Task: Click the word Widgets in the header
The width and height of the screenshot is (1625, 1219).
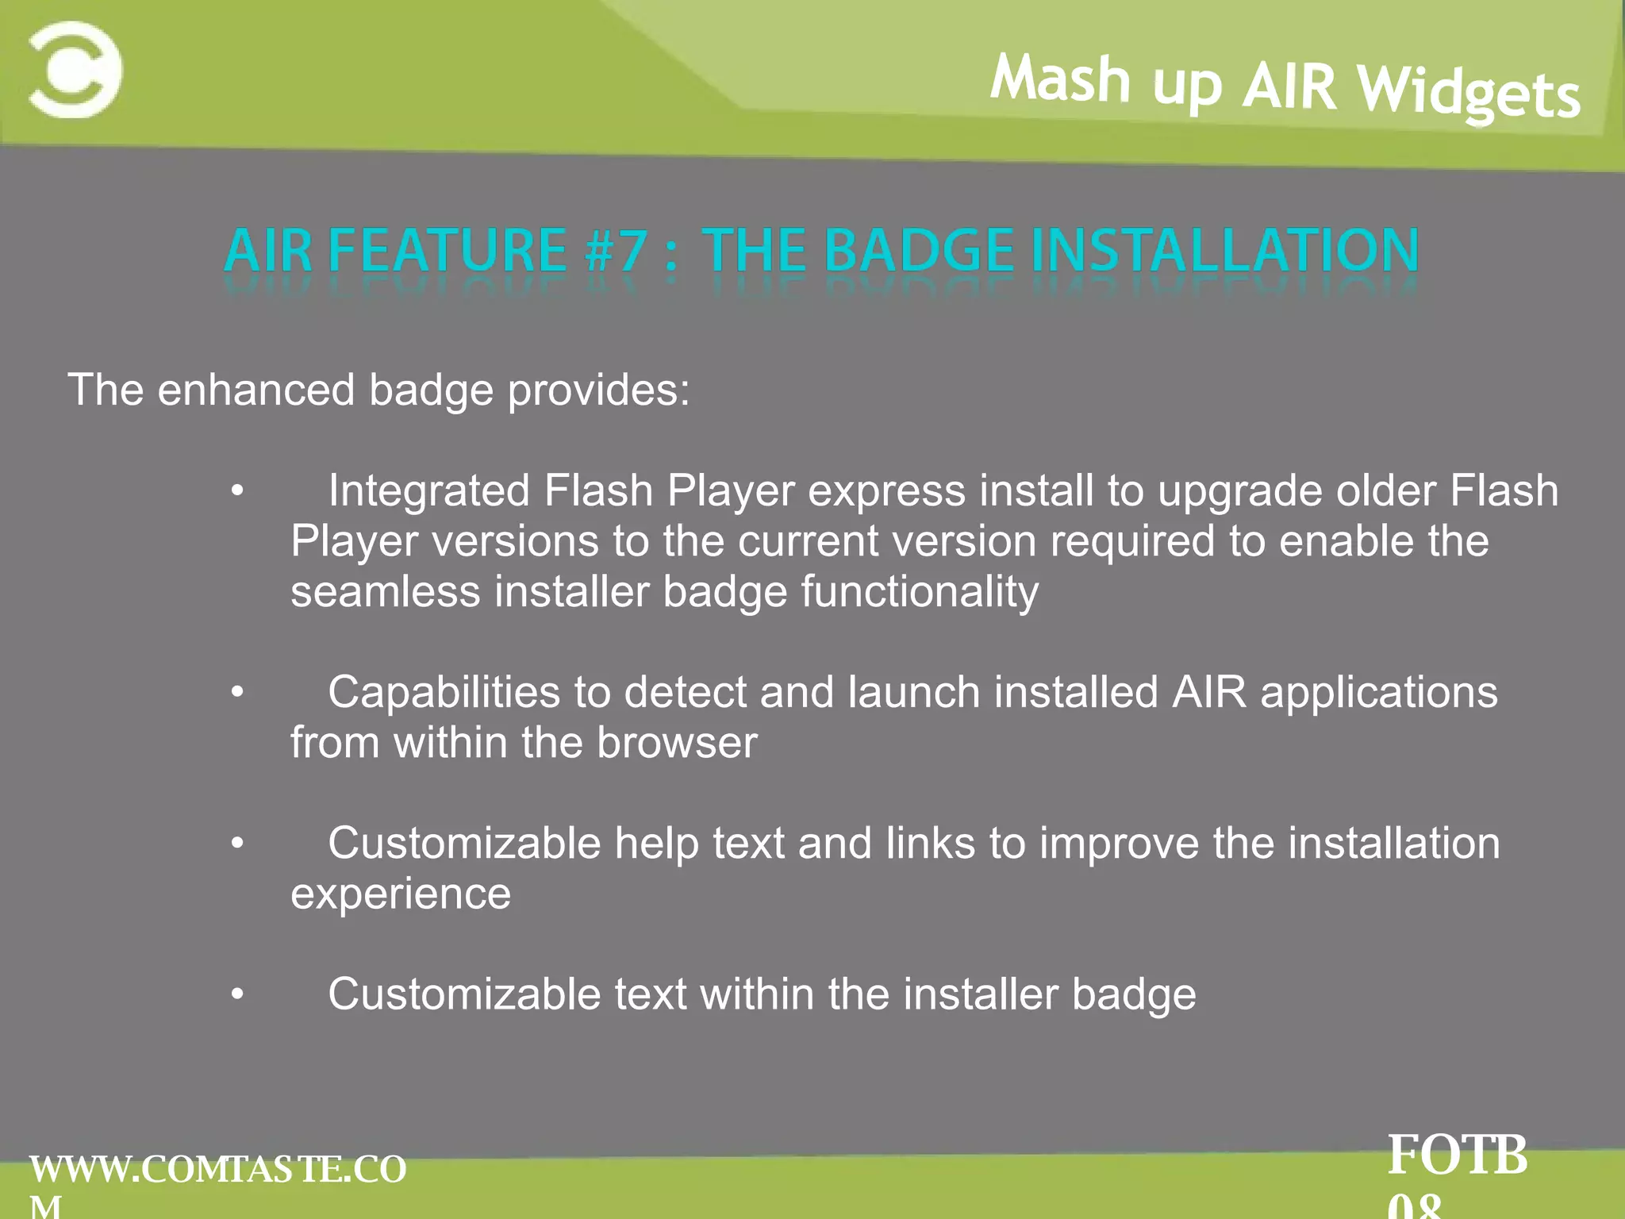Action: coord(1469,94)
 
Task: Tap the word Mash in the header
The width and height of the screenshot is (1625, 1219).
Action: coord(1060,79)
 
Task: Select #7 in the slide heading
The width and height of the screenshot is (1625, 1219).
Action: coord(617,251)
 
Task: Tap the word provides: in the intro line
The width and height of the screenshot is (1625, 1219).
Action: coord(598,391)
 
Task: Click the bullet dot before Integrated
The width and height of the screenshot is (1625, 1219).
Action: coord(237,492)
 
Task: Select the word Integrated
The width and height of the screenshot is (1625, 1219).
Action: coord(428,491)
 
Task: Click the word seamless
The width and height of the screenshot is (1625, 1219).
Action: coord(385,592)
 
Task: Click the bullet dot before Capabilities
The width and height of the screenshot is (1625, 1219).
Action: coord(237,694)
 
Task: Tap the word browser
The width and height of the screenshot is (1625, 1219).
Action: coord(677,744)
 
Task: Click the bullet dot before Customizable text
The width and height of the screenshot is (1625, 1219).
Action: coord(237,995)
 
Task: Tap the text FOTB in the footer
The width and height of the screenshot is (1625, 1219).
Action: coord(1458,1156)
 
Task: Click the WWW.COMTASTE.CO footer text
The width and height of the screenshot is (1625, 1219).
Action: coord(218,1170)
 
